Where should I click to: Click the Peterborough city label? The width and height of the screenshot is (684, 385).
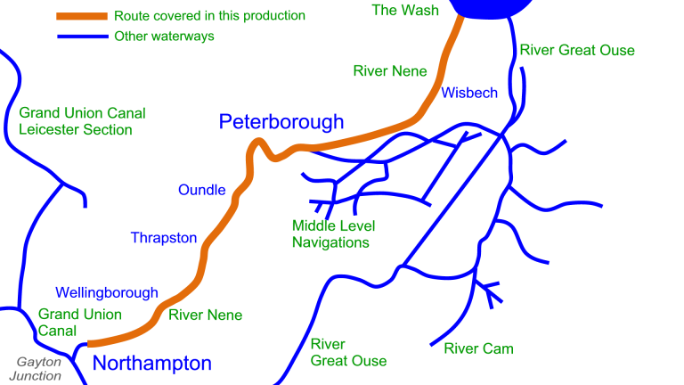pos(281,122)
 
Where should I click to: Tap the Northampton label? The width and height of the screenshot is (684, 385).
pos(152,363)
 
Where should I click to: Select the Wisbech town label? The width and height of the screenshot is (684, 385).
pos(469,93)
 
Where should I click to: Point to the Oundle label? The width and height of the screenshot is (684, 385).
pos(202,190)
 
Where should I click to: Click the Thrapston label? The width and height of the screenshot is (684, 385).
pos(164,238)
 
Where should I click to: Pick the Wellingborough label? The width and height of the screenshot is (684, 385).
pos(107,292)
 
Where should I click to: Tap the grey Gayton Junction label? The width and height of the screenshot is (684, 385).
pos(39,368)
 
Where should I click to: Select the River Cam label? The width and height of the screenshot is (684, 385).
pos(478,348)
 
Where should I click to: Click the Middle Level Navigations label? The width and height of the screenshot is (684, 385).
pos(330,233)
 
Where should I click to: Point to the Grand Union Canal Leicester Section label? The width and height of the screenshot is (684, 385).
pos(82,122)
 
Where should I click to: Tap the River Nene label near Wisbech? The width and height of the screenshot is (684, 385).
pos(390,71)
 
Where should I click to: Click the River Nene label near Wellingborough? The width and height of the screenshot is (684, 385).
pos(205,315)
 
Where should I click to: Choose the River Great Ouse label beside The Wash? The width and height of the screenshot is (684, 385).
pos(577,50)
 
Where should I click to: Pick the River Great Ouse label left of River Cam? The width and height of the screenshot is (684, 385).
pos(348,352)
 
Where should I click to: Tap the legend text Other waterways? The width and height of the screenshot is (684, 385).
pos(164,37)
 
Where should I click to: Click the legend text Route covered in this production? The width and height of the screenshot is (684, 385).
pos(209,16)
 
